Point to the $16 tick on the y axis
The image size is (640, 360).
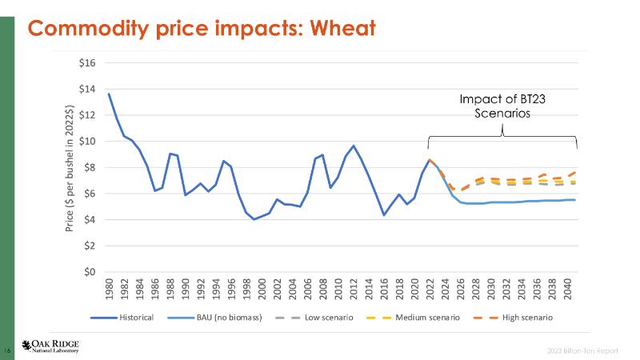click(x=86, y=63)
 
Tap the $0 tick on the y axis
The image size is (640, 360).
click(x=88, y=272)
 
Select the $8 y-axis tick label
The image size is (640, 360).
click(x=88, y=168)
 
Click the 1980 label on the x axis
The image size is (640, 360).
click(x=109, y=288)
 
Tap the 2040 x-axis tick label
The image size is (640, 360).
click(x=567, y=288)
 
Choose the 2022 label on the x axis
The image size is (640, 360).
click(x=430, y=288)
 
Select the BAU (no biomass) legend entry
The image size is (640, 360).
click(x=229, y=318)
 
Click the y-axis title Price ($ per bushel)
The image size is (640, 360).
click(x=70, y=168)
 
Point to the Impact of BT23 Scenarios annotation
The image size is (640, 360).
click(x=502, y=106)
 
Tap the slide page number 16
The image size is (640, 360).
click(x=9, y=350)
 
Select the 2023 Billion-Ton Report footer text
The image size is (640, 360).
click(x=593, y=350)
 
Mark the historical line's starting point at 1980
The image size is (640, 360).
click(x=109, y=94)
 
